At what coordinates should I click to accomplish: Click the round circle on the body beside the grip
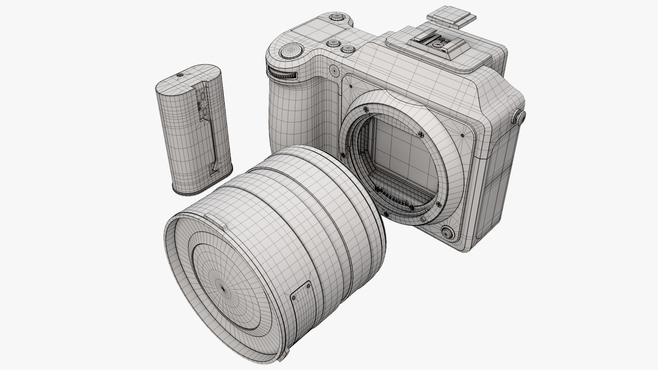click(333, 70)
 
